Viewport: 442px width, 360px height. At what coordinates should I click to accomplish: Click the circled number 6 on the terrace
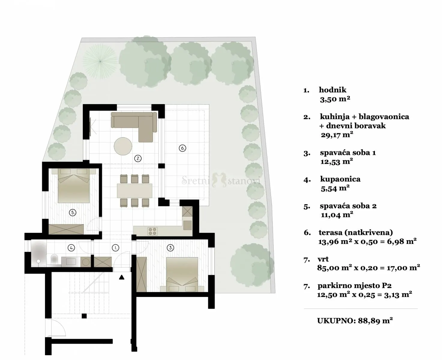point(182,148)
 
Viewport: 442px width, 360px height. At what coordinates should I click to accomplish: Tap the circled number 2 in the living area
point(138,158)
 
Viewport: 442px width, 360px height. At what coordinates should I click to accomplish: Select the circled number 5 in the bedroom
point(73,213)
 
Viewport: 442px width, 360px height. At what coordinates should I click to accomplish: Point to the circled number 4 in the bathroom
point(71,248)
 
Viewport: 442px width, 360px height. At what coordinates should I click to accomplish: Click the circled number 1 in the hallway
point(116,248)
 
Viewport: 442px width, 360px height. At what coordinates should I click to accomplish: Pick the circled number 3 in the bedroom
point(170,248)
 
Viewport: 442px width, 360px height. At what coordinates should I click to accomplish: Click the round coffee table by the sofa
point(123,146)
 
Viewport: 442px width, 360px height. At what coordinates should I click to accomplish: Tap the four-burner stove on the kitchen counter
point(152,231)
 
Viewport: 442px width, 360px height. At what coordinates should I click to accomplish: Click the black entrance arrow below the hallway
point(122,277)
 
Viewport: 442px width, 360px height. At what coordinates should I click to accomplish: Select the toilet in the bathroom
point(54,259)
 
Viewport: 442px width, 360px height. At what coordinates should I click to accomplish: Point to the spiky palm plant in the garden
point(100,61)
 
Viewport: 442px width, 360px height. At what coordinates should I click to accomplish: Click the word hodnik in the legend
point(333,90)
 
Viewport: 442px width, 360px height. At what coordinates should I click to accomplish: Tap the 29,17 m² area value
point(337,135)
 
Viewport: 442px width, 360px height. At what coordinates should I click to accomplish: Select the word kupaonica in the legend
point(340,179)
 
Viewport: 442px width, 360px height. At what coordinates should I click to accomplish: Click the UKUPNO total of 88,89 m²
point(355,321)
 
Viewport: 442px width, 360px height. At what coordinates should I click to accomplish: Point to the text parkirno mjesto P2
point(354,286)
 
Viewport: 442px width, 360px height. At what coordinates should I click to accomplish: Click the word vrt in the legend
point(323,259)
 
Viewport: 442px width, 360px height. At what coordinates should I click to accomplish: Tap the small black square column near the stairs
point(84,316)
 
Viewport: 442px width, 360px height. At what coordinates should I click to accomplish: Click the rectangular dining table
point(134,191)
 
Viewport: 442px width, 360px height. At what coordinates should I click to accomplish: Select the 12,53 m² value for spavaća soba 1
point(337,162)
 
